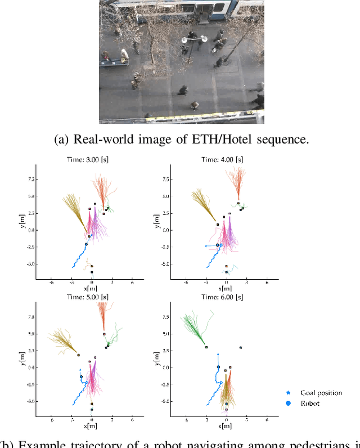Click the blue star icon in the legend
(x=289, y=393)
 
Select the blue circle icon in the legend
(x=289, y=403)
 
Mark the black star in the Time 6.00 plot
(x=241, y=348)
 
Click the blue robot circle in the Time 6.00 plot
(x=218, y=367)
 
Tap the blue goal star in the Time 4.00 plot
(x=205, y=246)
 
